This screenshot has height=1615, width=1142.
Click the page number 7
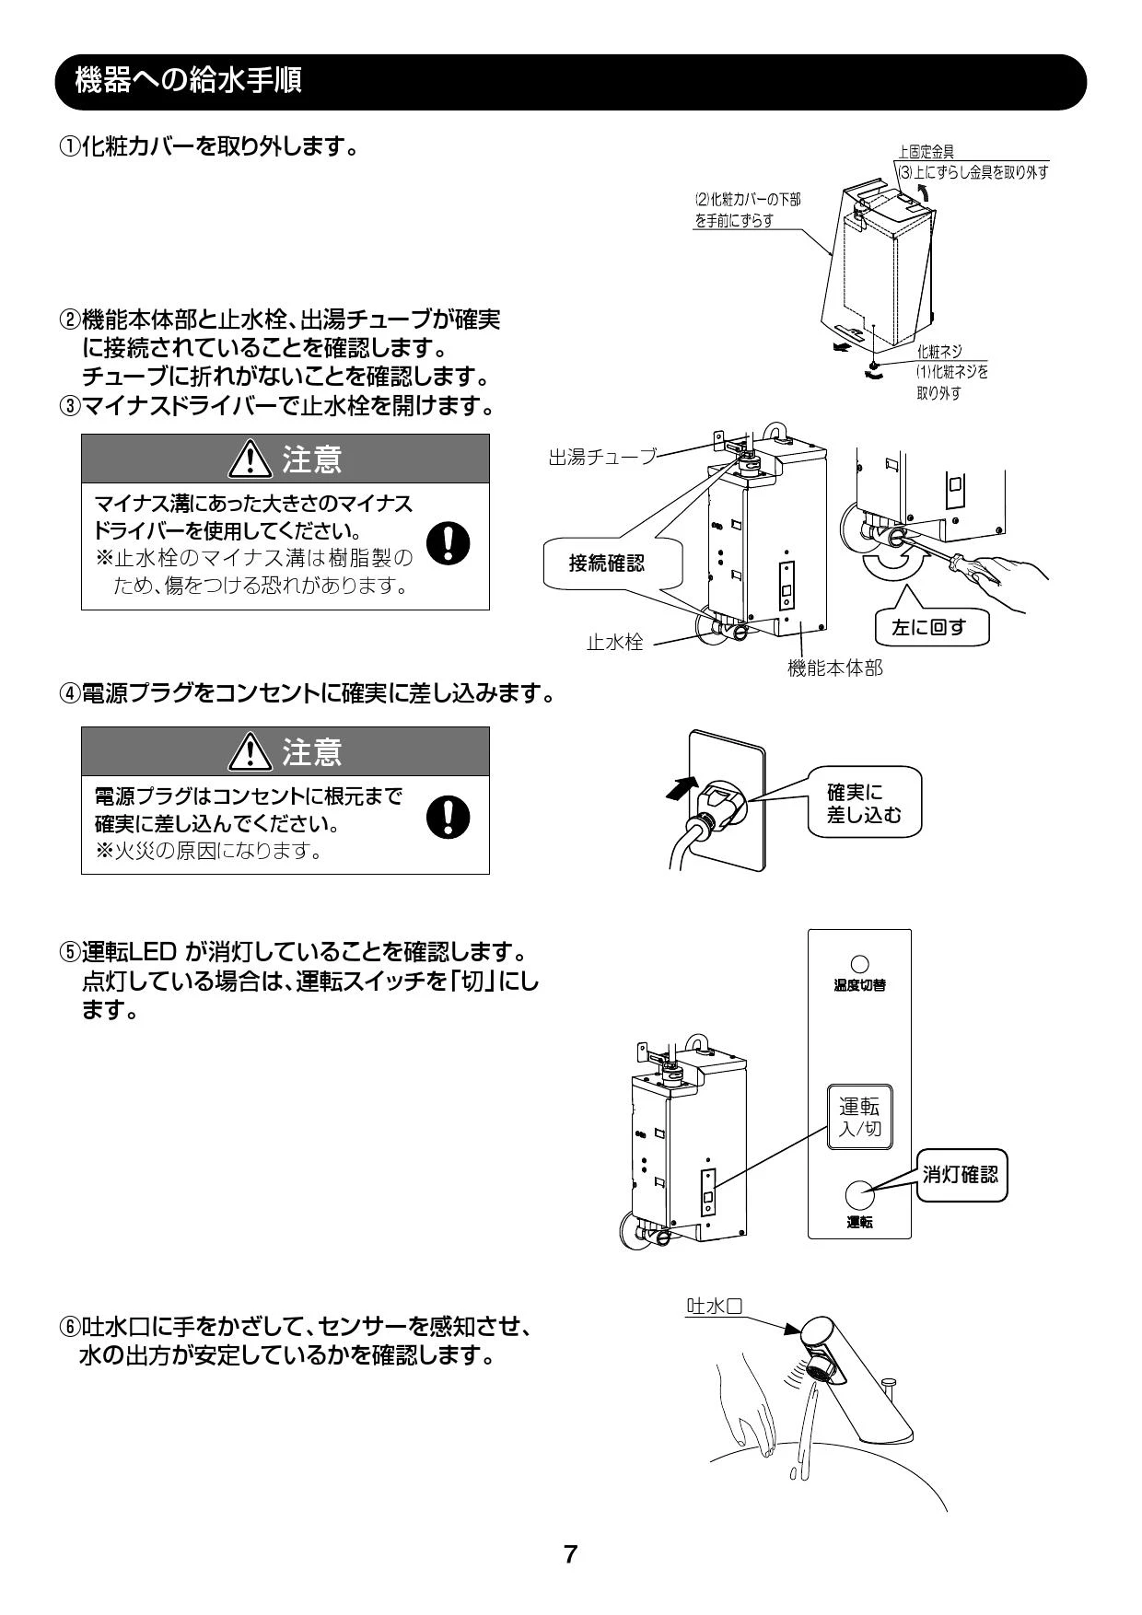[570, 1554]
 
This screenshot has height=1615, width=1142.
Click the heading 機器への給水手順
[188, 81]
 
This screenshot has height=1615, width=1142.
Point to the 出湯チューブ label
[602, 457]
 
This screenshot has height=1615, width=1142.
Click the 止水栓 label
[615, 642]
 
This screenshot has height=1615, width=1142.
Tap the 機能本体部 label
[834, 668]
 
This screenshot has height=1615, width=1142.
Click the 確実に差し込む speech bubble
[864, 802]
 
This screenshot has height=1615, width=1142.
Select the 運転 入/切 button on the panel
[859, 1117]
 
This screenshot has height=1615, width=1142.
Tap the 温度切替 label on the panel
[859, 985]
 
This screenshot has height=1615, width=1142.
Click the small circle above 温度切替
[859, 963]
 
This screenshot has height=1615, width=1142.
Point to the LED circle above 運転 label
[859, 1194]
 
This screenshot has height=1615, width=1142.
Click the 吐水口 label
[715, 1306]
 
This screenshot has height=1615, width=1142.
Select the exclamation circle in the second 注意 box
[449, 816]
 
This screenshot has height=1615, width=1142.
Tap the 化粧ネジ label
[938, 352]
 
